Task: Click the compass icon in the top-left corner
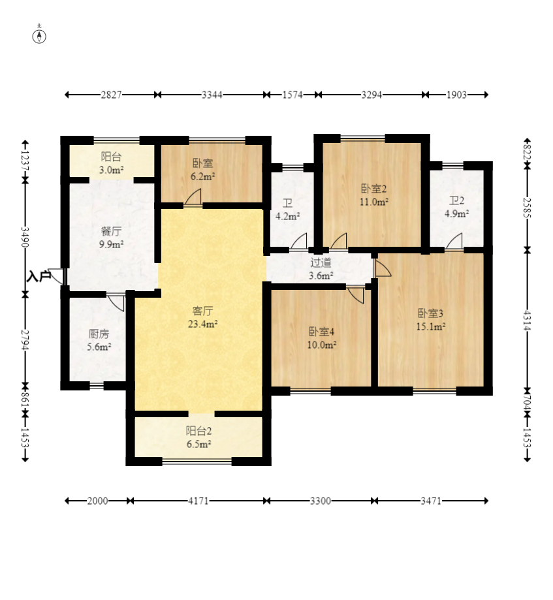pyautogui.click(x=39, y=35)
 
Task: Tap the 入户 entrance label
pyautogui.click(x=39, y=276)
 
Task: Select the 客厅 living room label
pyautogui.click(x=203, y=311)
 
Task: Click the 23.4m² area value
pyautogui.click(x=203, y=324)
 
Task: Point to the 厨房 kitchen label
pyautogui.click(x=99, y=334)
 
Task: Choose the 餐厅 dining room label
pyautogui.click(x=112, y=231)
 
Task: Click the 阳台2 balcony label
pyautogui.click(x=198, y=431)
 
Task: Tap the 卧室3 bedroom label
pyautogui.click(x=430, y=313)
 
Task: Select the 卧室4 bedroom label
pyautogui.click(x=321, y=332)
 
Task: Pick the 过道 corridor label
pyautogui.click(x=321, y=262)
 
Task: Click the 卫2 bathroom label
pyautogui.click(x=456, y=200)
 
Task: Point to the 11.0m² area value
pyautogui.click(x=374, y=202)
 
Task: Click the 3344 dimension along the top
pyautogui.click(x=212, y=95)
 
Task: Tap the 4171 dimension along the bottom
pyautogui.click(x=198, y=501)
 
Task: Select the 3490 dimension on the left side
pyautogui.click(x=25, y=237)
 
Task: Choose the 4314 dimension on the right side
pyautogui.click(x=528, y=321)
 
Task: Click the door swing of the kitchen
pyautogui.click(x=116, y=302)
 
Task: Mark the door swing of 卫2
pyautogui.click(x=454, y=242)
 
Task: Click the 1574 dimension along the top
pyautogui.click(x=292, y=95)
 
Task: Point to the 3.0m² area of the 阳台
pyautogui.click(x=112, y=170)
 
